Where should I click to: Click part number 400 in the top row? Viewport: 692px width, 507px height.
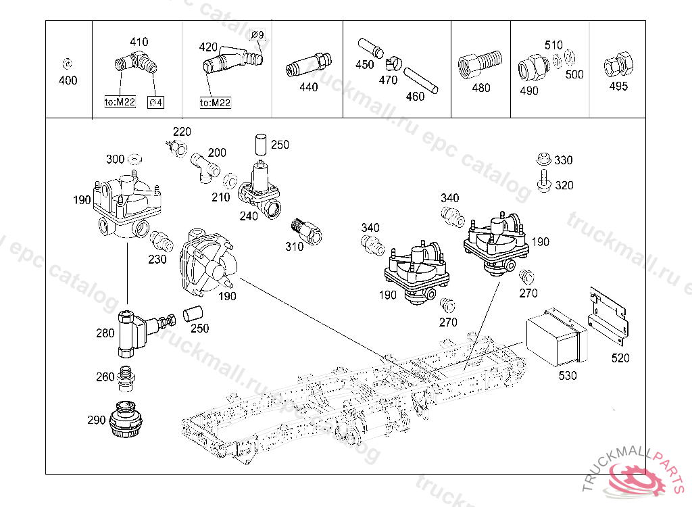[x=68, y=80]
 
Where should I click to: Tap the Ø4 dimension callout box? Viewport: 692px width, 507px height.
[x=155, y=103]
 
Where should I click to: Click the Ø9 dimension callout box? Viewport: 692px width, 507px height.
[x=257, y=34]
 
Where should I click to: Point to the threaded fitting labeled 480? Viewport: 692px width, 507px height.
[x=480, y=66]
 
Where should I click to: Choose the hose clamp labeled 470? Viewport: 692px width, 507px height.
[x=393, y=64]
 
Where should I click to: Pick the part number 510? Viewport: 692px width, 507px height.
[x=553, y=45]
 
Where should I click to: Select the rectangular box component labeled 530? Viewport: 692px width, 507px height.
[x=556, y=337]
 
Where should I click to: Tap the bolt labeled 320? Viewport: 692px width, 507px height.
[x=544, y=180]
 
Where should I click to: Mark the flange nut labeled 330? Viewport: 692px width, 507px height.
[x=544, y=159]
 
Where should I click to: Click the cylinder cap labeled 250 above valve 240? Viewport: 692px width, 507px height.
[x=261, y=144]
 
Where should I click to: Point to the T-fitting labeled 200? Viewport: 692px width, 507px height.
[x=205, y=168]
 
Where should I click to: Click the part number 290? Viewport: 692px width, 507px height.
[x=96, y=420]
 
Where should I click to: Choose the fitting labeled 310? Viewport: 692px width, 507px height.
[x=307, y=231]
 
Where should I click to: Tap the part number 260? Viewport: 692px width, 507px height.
[x=105, y=377]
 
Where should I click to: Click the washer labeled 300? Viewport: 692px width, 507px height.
[x=134, y=159]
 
